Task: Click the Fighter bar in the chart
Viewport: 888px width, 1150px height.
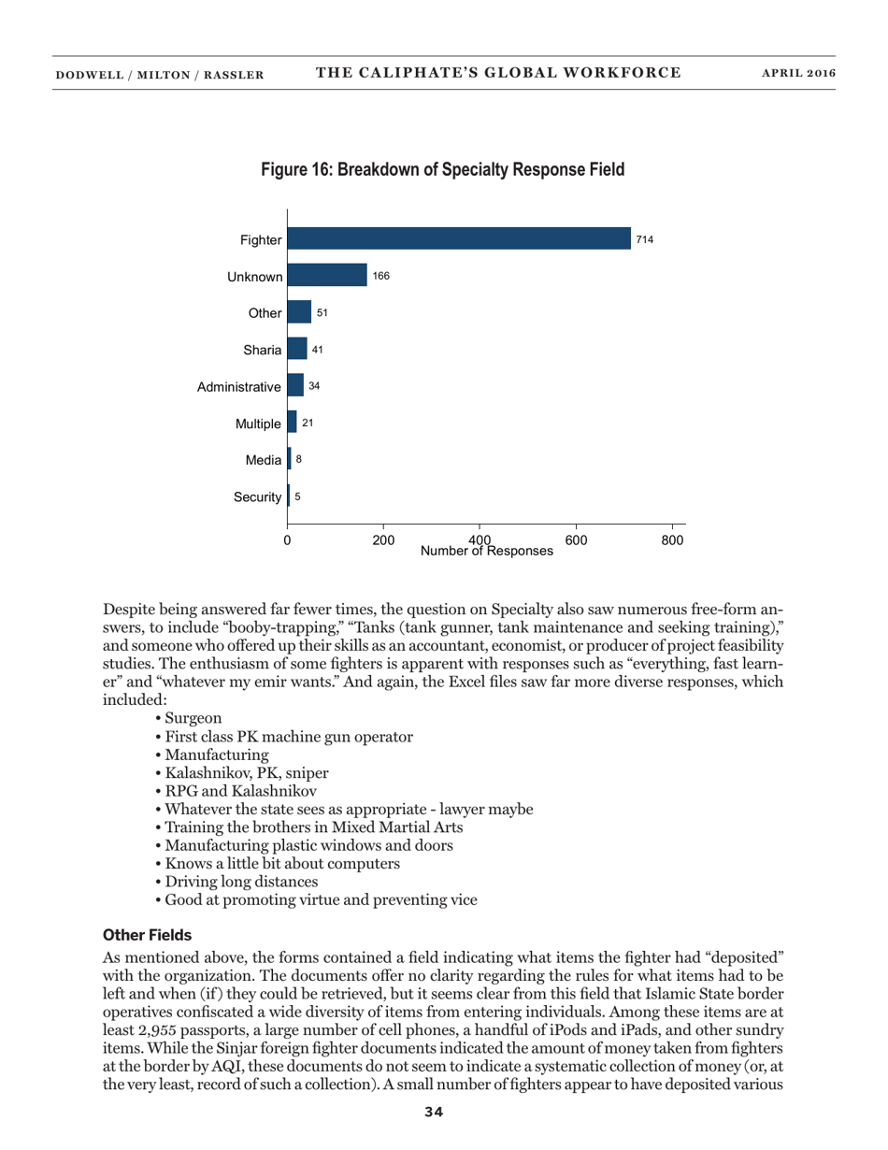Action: point(459,239)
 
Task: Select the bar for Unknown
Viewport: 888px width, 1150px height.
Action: point(327,276)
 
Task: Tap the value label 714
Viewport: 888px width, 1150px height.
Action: point(644,240)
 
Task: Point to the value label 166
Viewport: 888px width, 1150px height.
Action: point(380,277)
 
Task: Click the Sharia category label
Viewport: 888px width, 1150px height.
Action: point(263,350)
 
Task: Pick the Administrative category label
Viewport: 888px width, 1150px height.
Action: point(239,386)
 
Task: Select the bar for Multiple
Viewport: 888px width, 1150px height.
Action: point(292,423)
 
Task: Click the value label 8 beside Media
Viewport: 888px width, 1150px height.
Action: point(299,459)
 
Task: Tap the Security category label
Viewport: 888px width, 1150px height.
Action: point(257,496)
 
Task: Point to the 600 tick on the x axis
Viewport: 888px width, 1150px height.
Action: point(576,540)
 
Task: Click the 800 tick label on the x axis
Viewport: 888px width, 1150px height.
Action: point(672,540)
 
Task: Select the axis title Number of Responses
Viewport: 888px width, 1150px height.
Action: point(486,552)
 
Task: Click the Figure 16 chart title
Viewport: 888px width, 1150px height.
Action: point(442,170)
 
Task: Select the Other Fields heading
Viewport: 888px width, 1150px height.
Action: point(146,934)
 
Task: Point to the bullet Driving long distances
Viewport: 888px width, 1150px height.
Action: point(241,882)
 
